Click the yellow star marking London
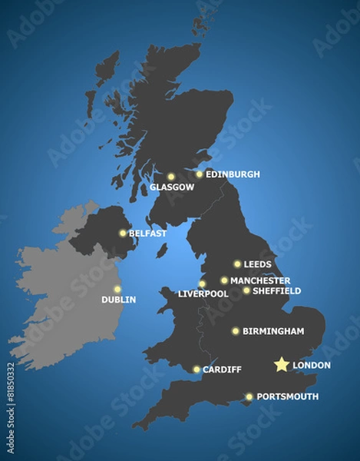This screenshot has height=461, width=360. pyautogui.click(x=282, y=364)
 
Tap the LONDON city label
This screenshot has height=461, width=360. pyautogui.click(x=312, y=365)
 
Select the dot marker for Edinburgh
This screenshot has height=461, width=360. pyautogui.click(x=200, y=174)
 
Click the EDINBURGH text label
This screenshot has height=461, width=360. pyautogui.click(x=233, y=174)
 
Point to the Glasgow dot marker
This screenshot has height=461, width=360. pyautogui.click(x=171, y=177)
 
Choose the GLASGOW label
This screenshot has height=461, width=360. pyautogui.click(x=172, y=187)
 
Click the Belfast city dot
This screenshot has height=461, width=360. pyautogui.click(x=123, y=233)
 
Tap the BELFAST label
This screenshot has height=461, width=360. pyautogui.click(x=147, y=233)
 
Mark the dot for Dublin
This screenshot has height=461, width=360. pyautogui.click(x=117, y=290)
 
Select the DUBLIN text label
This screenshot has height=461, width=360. pyautogui.click(x=118, y=300)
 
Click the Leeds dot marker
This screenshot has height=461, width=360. pyautogui.click(x=237, y=264)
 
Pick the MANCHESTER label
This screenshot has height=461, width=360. pyautogui.click(x=260, y=280)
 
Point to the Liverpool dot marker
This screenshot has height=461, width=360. pyautogui.click(x=202, y=284)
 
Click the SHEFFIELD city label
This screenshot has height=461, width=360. pyautogui.click(x=276, y=291)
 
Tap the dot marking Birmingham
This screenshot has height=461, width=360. pyautogui.click(x=236, y=331)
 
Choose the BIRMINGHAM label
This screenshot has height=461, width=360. pyautogui.click(x=273, y=331)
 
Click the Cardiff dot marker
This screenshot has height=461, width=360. pyautogui.click(x=197, y=370)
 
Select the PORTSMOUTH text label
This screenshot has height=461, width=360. pyautogui.click(x=287, y=396)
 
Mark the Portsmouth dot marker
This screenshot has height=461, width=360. pyautogui.click(x=249, y=396)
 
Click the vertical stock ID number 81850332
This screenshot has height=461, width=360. pyautogui.click(x=10, y=408)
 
